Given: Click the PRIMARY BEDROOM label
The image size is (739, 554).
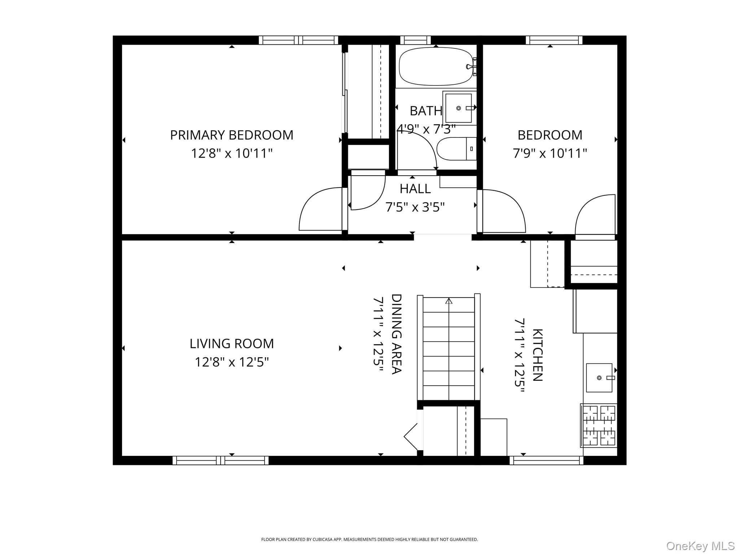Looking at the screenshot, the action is point(232,135).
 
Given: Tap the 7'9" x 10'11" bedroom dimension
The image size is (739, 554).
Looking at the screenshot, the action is point(550,153).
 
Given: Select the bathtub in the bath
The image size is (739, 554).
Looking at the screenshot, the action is point(436,66).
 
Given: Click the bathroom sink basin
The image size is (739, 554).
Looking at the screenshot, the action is point(458,108).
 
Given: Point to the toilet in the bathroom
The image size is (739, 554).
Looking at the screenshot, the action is point(456,149).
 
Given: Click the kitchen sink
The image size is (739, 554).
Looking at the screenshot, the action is point(599,378).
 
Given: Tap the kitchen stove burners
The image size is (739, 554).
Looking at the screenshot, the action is point(599,425).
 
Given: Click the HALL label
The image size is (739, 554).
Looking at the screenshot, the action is point(415,189).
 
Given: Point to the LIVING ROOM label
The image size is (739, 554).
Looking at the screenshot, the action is point(232,344).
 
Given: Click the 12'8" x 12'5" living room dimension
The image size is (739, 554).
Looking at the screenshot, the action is point(232,362).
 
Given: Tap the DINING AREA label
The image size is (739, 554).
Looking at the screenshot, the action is point(397,334).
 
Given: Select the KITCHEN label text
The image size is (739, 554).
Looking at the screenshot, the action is point(537,355).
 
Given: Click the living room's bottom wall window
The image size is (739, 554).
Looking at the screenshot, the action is point(220,461).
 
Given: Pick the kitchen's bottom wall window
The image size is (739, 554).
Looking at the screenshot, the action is point(546,461).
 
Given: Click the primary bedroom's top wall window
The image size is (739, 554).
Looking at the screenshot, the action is point(298,40).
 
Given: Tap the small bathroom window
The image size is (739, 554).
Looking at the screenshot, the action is point(415,40).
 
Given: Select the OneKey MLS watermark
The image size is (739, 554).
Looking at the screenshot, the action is point(700,546).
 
